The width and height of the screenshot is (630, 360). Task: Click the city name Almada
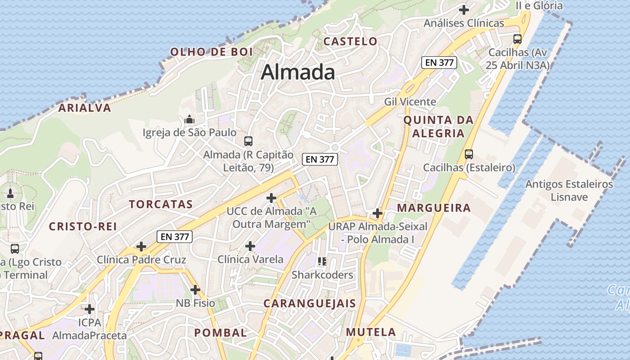pos(298,72)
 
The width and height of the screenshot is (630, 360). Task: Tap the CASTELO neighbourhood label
pos(351,41)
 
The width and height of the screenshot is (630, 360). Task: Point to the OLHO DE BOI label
pos(211,52)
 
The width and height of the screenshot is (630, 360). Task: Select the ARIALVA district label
pos(85,108)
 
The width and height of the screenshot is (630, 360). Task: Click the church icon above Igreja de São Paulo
pos(189,120)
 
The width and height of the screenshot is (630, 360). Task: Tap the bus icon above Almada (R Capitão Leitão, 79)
pos(248,141)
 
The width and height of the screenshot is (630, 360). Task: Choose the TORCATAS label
pos(161,204)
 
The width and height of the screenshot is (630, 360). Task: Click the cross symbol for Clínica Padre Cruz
pos(141,247)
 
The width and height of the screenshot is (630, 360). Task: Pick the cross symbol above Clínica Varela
pos(250,246)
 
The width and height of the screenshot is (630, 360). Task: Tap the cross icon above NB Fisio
pos(195,290)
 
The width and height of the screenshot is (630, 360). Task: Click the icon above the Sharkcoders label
pos(322,261)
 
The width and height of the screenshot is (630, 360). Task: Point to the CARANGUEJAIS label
pos(310,303)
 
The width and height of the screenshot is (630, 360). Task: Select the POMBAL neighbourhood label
pos(220,333)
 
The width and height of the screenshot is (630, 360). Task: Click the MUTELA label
pos(371,332)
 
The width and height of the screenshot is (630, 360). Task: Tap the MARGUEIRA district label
pos(434,208)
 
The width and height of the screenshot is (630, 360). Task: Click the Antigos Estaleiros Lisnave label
pos(569,190)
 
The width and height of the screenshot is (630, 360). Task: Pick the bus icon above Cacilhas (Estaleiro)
pos(469,154)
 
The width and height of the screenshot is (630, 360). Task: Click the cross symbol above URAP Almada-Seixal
pos(378,213)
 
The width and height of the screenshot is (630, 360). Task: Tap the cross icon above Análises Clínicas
pos(464,9)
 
